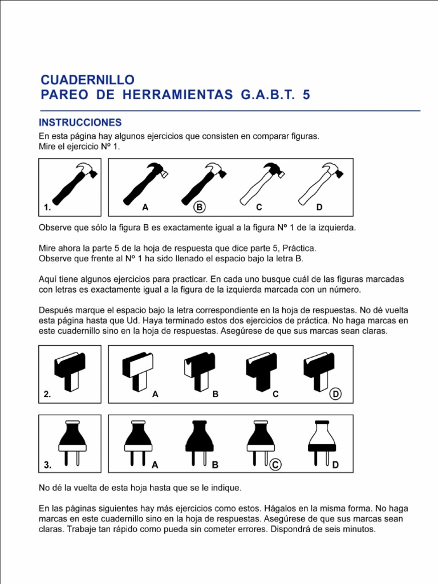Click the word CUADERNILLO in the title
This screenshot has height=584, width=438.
[x=87, y=79]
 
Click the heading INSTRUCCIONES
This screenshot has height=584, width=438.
[x=80, y=123]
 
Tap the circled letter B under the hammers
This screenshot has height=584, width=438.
[x=199, y=207]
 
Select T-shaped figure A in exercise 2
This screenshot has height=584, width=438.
[x=137, y=371]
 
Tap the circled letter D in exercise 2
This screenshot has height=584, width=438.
[x=336, y=394]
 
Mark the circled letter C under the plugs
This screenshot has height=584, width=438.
[x=275, y=465]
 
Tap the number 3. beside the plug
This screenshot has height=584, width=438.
[x=48, y=465]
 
